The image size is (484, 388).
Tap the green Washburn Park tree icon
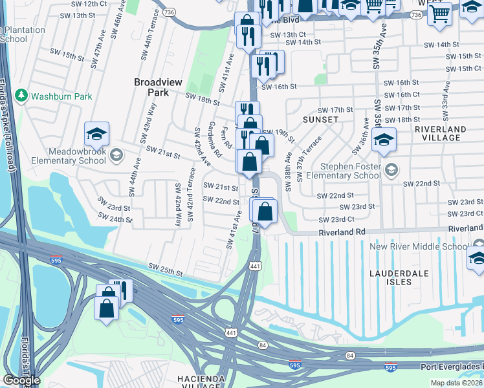click(21, 96)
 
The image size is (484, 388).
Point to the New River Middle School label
click(419, 247)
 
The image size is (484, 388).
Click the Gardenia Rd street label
click(214, 140)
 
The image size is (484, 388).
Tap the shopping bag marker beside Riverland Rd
click(265, 211)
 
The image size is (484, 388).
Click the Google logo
click(21, 380)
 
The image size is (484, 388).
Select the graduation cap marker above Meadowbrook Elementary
click(96, 134)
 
